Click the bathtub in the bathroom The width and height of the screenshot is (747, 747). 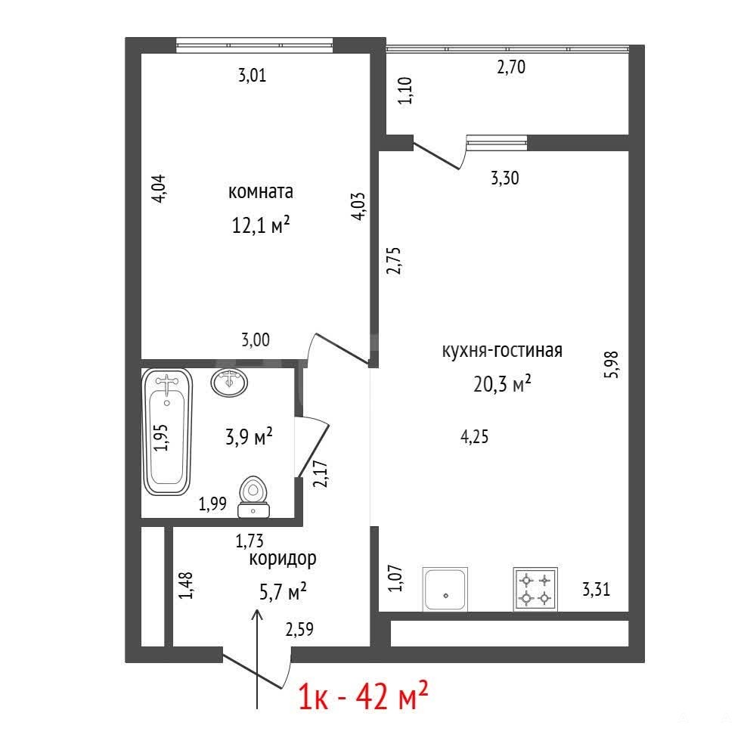tap(167, 432)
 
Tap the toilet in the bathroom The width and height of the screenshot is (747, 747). tap(253, 497)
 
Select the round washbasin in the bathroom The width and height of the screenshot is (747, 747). tap(229, 382)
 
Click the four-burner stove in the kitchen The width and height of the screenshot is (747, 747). tap(535, 589)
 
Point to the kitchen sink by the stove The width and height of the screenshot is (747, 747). tap(445, 589)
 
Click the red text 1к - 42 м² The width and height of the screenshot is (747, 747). tap(363, 696)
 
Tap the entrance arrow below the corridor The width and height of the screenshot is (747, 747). tap(257, 659)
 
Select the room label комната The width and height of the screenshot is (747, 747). tap(261, 191)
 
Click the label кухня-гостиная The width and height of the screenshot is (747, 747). tap(502, 351)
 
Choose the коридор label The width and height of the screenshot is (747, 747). tap(283, 558)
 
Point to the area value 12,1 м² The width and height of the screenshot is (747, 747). tap(261, 225)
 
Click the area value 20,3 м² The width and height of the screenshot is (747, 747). tap(502, 383)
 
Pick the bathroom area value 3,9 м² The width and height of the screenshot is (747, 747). tap(249, 436)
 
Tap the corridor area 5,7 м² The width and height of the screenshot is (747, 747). tap(283, 592)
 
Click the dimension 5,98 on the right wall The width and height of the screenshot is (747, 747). tap(611, 364)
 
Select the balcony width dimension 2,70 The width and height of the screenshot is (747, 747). tap(511, 67)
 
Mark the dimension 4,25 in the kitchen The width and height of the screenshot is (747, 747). tap(475, 436)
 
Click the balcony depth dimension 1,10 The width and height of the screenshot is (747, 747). tap(404, 91)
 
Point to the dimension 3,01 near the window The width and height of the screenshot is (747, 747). tap(252, 75)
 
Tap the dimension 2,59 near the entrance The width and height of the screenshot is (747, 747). tap(299, 629)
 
